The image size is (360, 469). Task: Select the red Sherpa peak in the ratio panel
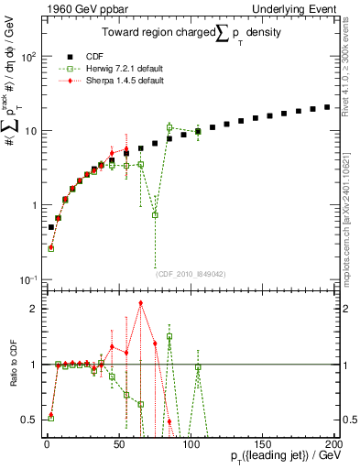click(140, 302)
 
